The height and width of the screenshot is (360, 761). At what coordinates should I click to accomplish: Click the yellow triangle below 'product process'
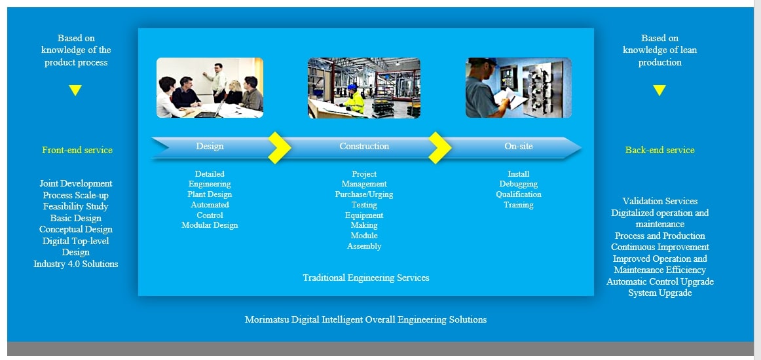coord(75,90)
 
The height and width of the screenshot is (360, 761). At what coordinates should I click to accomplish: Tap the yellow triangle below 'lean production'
coord(659,90)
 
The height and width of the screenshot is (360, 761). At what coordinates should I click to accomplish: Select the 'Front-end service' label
coord(77,150)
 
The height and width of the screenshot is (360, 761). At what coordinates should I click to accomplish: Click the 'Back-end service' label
coord(659,150)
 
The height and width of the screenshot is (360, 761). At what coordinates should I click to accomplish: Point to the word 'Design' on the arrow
coord(210,146)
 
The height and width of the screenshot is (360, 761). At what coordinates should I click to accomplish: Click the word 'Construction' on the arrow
coord(364,146)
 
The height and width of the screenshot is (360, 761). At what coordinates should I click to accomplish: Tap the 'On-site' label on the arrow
coord(518,146)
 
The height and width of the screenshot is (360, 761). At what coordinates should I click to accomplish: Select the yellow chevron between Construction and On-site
coord(439,147)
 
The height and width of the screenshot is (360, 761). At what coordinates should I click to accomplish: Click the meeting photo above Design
coord(210,88)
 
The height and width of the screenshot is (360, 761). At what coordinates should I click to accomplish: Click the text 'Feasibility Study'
coord(76,207)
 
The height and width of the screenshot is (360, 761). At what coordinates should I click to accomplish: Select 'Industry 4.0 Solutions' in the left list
coord(76,264)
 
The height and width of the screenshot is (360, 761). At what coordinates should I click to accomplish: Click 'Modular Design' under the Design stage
coord(210,225)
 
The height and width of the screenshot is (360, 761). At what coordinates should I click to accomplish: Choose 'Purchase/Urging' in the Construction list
coord(364,194)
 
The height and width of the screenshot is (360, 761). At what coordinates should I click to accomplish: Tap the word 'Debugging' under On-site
coord(518,185)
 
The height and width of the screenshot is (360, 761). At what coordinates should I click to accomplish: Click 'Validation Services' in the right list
coord(660,202)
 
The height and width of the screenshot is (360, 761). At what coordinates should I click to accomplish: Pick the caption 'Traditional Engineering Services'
coord(366,278)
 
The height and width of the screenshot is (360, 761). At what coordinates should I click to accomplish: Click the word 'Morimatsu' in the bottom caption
coord(267,319)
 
